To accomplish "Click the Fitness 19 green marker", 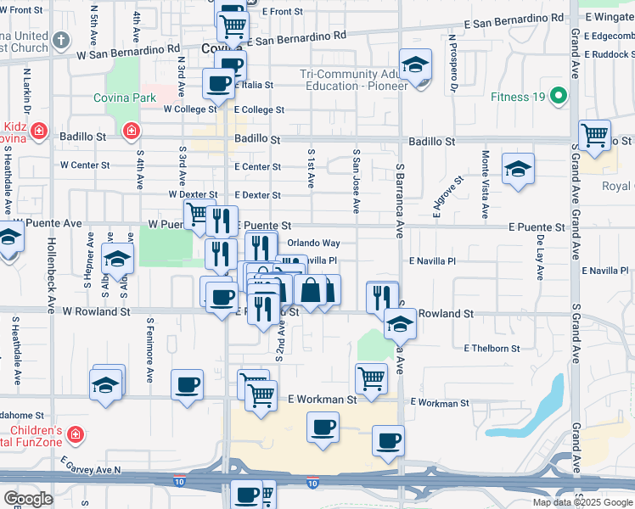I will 558,96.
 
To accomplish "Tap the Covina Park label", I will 125,98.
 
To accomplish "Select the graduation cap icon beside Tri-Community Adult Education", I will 416,64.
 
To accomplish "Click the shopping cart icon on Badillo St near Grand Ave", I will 594,136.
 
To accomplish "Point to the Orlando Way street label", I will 313,243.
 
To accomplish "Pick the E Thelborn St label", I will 492,349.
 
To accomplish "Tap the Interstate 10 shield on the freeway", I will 312,483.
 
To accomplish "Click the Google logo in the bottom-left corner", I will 28,499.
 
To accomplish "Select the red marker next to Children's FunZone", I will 76,434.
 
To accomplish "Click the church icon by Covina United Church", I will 61,40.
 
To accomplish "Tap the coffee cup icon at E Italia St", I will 218,84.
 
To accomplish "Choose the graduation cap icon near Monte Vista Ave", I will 517,169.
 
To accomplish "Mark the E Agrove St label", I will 447,197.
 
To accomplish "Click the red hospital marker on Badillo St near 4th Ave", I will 131,131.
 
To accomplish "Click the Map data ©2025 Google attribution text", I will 582,501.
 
